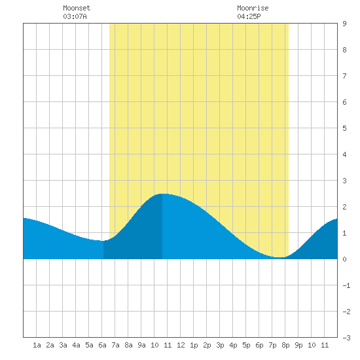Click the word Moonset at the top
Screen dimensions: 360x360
click(77, 8)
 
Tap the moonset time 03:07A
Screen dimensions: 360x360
click(75, 16)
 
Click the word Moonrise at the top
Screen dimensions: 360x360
click(253, 8)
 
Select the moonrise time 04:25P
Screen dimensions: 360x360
click(249, 16)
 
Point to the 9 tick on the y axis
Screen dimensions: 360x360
click(344, 24)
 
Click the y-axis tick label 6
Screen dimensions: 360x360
click(344, 102)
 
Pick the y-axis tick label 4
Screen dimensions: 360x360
click(344, 154)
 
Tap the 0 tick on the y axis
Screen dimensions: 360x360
click(344, 259)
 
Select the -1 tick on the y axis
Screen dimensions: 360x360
click(346, 285)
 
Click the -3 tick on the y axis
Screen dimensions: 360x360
click(346, 338)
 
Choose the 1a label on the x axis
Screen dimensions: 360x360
click(37, 345)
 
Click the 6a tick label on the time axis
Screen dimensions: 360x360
click(102, 345)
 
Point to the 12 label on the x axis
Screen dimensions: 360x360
click(181, 345)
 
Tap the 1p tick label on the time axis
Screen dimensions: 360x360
click(194, 346)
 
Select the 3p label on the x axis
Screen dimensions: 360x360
click(220, 346)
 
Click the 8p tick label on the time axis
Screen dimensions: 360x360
click(285, 346)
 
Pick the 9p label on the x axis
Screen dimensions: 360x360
click(298, 346)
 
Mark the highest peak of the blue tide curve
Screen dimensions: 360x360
click(163, 194)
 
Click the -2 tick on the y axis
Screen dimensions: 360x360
click(346, 312)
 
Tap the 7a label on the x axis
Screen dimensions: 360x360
click(115, 345)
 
